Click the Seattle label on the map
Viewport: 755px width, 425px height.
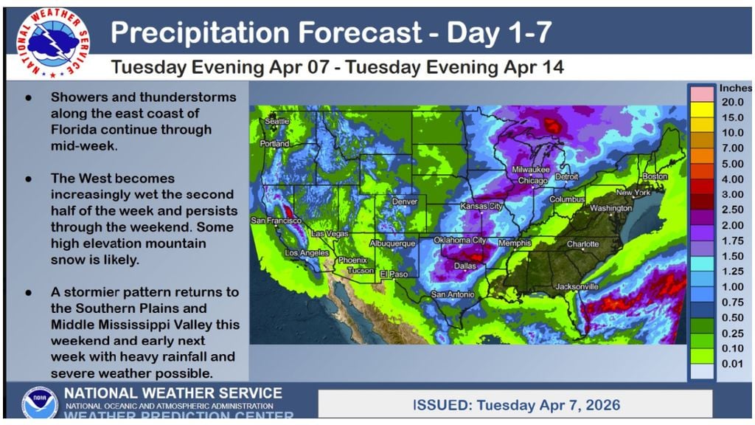tap(277, 121)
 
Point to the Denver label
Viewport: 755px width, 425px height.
tap(404, 201)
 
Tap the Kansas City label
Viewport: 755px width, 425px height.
tap(481, 207)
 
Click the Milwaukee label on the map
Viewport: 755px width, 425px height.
tap(532, 170)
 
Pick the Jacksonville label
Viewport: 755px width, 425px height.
tap(577, 286)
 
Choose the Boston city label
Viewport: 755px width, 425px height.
tap(654, 177)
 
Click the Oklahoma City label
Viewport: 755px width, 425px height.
tap(459, 241)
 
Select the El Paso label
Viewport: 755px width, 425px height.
tap(394, 274)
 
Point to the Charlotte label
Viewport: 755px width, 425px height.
tap(583, 244)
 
